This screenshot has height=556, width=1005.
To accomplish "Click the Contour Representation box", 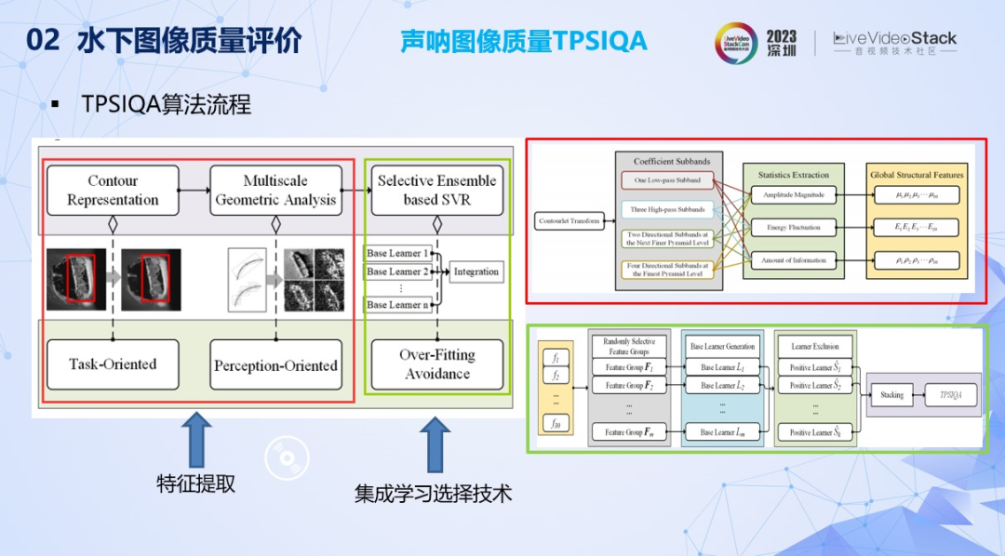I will tap(113, 191).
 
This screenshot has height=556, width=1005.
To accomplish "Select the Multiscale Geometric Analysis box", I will tap(275, 191).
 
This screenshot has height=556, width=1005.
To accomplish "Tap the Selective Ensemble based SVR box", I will tap(437, 191).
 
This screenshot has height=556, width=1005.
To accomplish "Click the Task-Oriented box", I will tap(113, 364).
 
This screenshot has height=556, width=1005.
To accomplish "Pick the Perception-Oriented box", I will tap(275, 365).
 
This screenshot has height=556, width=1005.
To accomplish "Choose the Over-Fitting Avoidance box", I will tap(437, 364).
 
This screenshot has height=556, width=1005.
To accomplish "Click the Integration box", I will tap(476, 271).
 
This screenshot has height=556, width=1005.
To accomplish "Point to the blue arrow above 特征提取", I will tap(196, 440).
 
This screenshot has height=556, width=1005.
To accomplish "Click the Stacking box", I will tap(891, 394).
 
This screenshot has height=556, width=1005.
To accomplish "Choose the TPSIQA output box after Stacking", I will tap(950, 394).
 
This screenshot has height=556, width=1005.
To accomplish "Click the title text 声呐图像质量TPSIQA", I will tap(523, 41).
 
